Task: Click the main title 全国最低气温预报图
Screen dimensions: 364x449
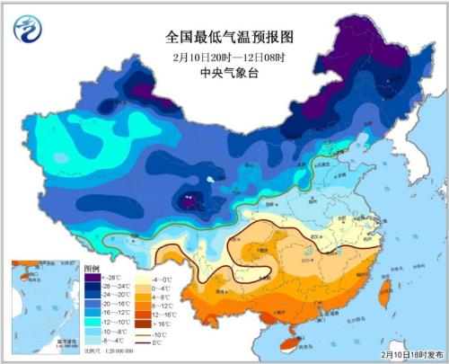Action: [224, 37]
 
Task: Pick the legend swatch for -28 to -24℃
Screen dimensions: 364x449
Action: [91, 287]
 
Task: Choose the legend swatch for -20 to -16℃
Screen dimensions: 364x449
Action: [91, 305]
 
